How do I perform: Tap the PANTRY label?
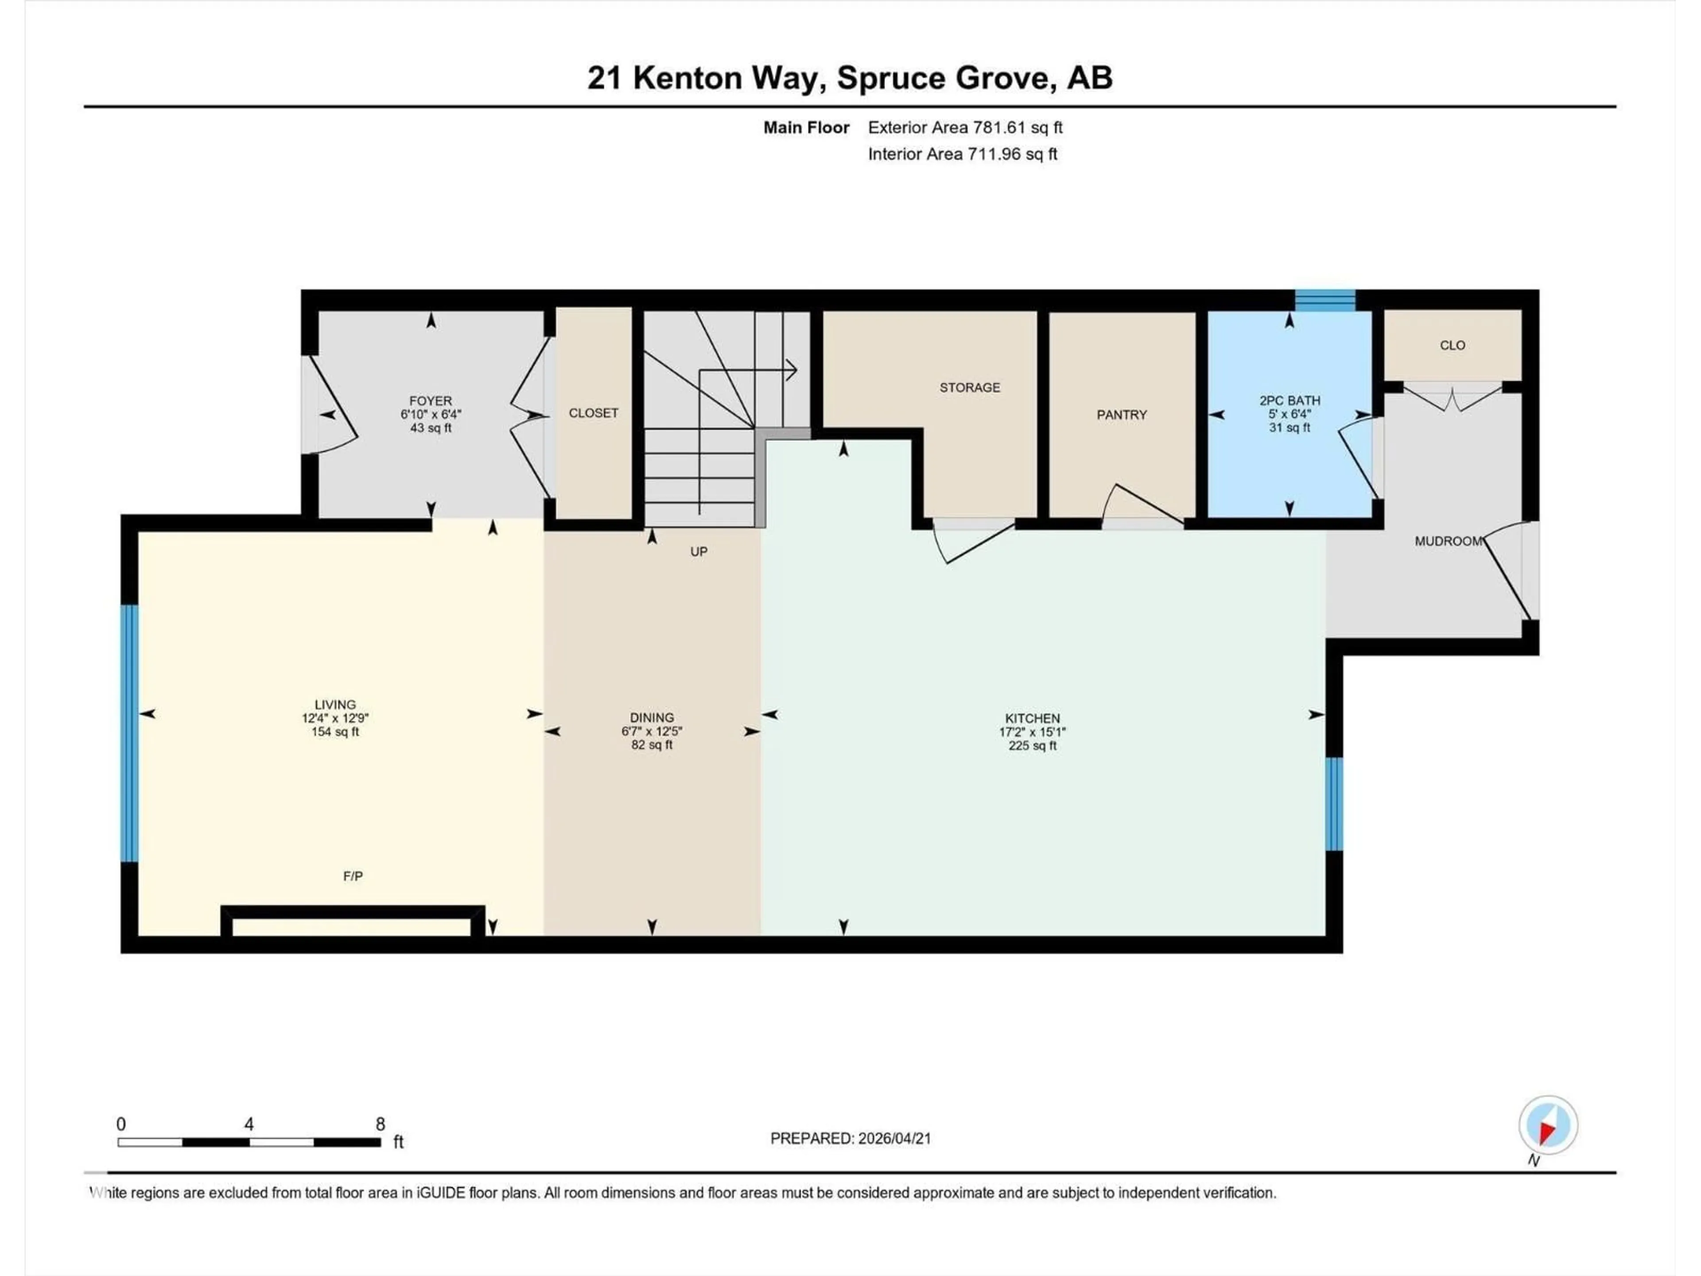pyautogui.click(x=1121, y=415)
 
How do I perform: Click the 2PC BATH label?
pyautogui.click(x=1289, y=401)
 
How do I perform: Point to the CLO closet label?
pyautogui.click(x=1452, y=345)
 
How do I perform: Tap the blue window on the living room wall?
pyautogui.click(x=130, y=733)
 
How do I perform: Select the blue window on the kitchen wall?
pyautogui.click(x=1334, y=804)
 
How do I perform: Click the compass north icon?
pyautogui.click(x=1548, y=1125)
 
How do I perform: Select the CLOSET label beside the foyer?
pyautogui.click(x=593, y=413)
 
